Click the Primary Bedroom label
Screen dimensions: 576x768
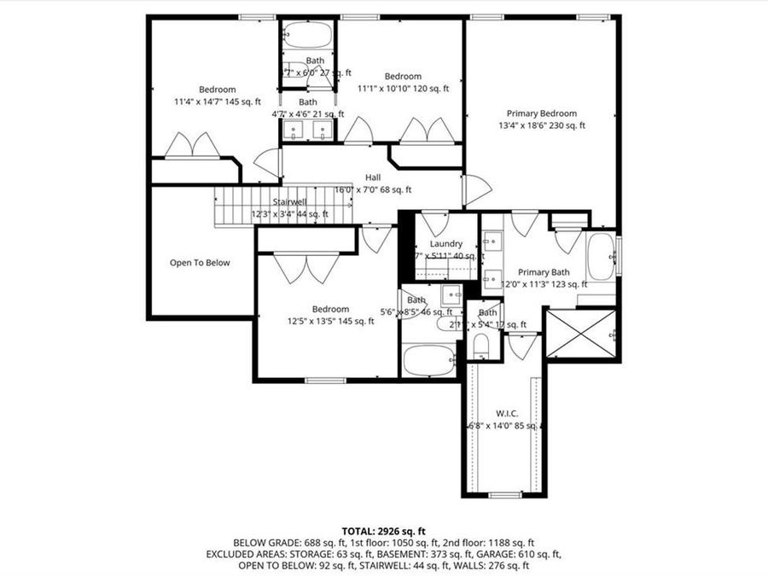[x=541, y=113]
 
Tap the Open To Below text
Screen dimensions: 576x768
[x=199, y=263]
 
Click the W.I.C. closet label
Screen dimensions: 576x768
[x=506, y=413]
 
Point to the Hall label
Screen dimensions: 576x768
[x=373, y=177]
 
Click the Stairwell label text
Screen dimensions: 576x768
[x=289, y=201]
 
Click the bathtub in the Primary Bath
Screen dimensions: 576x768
[x=600, y=257]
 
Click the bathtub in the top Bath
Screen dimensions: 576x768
[x=307, y=35]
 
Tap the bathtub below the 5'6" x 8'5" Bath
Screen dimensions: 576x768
[x=429, y=361]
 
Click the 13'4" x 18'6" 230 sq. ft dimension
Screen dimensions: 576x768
[x=542, y=126]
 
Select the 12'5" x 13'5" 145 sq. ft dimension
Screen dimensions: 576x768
[x=330, y=322]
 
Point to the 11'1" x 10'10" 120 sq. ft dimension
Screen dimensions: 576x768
[x=403, y=88]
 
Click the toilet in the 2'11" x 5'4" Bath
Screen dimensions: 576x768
[x=480, y=346]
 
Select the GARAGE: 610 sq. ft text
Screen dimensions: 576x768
[x=526, y=554]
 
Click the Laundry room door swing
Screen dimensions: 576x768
[x=434, y=224]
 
